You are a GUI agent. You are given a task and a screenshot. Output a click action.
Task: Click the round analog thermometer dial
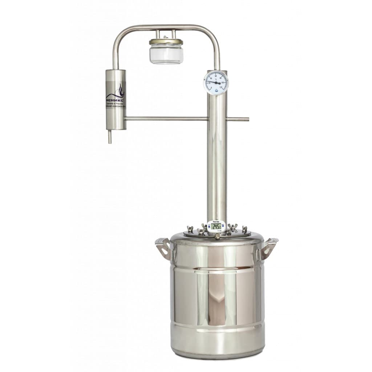tap(216, 83)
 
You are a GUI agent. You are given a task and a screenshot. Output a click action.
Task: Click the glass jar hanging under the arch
tap(166, 54)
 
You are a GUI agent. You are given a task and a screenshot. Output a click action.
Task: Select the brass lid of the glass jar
tap(166, 42)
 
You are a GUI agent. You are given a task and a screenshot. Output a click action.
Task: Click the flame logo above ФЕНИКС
tap(119, 90)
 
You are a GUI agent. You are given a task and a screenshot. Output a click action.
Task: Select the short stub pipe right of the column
tap(238, 119)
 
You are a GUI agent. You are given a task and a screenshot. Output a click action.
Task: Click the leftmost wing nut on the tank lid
tap(190, 229)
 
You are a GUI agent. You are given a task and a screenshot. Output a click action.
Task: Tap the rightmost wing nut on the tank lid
tap(244, 229)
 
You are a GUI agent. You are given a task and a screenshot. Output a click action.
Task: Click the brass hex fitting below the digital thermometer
tap(217, 236)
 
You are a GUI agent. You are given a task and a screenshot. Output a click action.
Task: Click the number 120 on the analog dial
tap(221, 88)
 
